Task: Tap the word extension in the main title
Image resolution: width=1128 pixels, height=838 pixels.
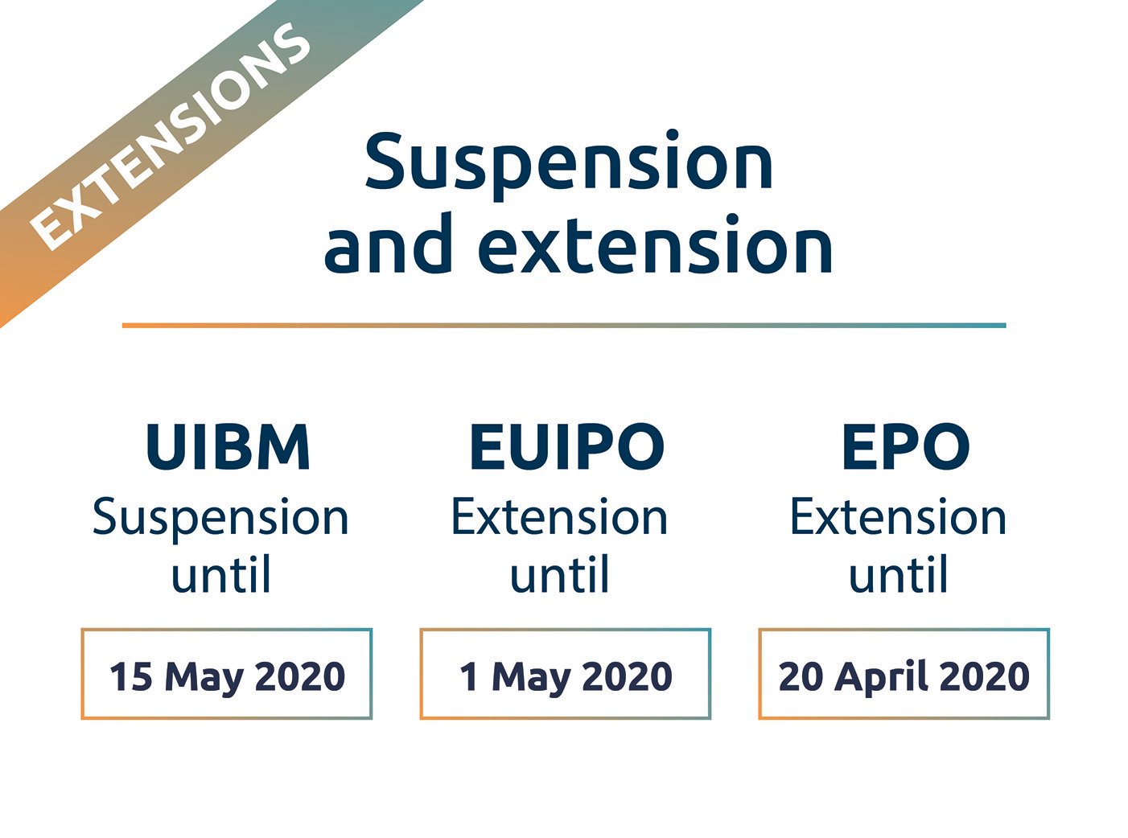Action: pyautogui.click(x=657, y=246)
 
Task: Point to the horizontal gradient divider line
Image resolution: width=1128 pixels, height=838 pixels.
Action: pyautogui.click(x=563, y=326)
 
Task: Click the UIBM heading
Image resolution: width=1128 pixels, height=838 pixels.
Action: pyautogui.click(x=228, y=447)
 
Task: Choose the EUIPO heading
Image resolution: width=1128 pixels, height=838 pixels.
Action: pyautogui.click(x=566, y=447)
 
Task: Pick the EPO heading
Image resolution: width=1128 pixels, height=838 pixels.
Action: pyautogui.click(x=905, y=447)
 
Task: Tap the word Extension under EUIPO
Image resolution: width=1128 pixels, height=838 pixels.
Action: pyautogui.click(x=559, y=517)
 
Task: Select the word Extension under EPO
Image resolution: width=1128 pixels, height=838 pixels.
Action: pyautogui.click(x=898, y=517)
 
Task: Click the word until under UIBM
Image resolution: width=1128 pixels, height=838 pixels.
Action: pyautogui.click(x=220, y=576)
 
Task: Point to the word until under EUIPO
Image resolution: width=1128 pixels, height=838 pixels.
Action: pyautogui.click(x=559, y=576)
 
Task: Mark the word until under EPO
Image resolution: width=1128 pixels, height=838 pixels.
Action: pyautogui.click(x=898, y=576)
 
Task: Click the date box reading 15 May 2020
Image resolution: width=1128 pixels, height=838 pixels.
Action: pyautogui.click(x=227, y=674)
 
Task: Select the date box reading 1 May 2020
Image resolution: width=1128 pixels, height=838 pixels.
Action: pyautogui.click(x=566, y=674)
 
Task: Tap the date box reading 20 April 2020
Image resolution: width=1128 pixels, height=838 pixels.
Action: pyautogui.click(x=904, y=674)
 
